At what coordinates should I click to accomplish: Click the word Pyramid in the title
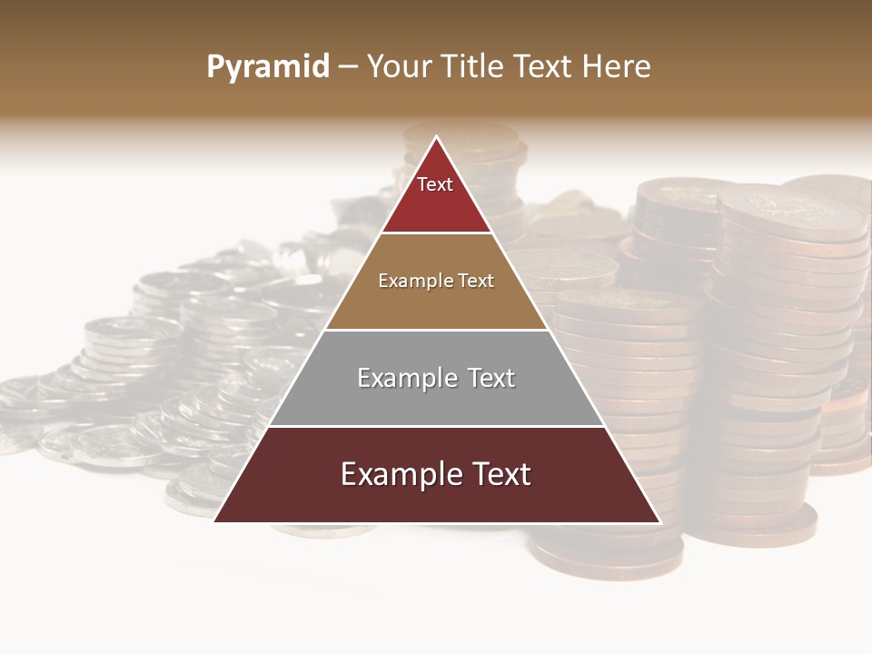pyautogui.click(x=267, y=67)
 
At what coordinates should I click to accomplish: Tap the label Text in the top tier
pyautogui.click(x=435, y=184)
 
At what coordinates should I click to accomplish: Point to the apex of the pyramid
pyautogui.click(x=436, y=137)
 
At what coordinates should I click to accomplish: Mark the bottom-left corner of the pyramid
pyautogui.click(x=215, y=521)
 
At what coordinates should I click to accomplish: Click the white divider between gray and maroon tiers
pyautogui.click(x=436, y=426)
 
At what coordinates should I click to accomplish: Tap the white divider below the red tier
pyautogui.click(x=436, y=233)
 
